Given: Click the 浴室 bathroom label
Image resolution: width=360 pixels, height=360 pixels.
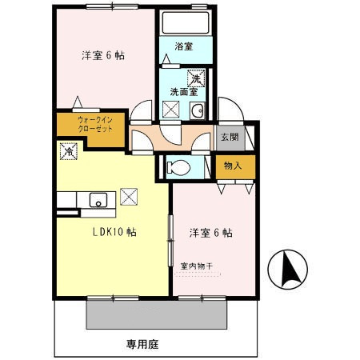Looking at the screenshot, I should pos(183,46).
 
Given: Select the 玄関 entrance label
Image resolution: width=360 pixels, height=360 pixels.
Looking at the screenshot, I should pos(230,136).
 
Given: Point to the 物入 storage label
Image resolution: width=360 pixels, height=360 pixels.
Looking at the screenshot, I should pos(233,166).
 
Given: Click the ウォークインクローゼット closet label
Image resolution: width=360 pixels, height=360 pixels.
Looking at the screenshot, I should pos(89,125).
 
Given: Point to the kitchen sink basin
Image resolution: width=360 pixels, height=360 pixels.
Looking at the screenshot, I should pos(100,200).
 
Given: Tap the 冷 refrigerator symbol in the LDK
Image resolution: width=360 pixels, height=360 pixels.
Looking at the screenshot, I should pos(69,149).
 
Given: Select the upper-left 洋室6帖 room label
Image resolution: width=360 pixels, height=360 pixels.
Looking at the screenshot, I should pos(103,56).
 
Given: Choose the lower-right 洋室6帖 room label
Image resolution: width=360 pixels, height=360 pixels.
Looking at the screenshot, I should pos(210,233).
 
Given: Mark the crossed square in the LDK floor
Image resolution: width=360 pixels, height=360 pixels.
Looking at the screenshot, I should pos(128,195).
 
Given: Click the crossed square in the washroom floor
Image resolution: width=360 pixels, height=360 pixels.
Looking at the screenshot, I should pos(171,110).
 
